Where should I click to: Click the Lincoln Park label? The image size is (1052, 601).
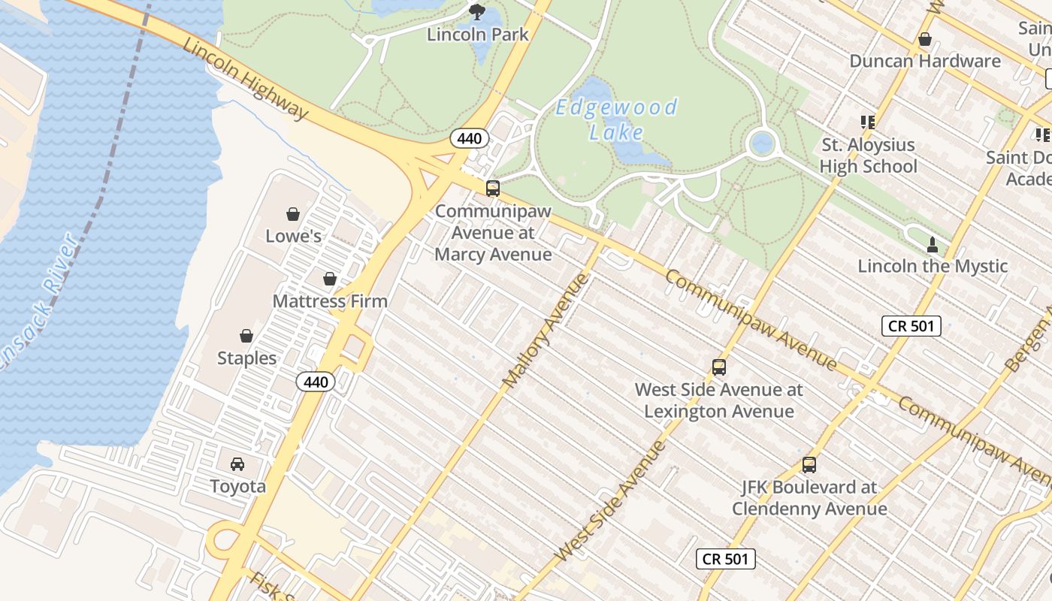tap(478, 34)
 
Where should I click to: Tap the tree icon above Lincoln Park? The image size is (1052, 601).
tap(476, 11)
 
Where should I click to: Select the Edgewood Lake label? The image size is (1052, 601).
tap(616, 119)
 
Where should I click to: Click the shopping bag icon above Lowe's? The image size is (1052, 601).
tap(293, 214)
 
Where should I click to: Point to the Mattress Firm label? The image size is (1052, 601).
tap(330, 301)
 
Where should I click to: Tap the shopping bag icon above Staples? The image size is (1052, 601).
tap(246, 336)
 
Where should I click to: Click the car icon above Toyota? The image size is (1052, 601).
tap(237, 464)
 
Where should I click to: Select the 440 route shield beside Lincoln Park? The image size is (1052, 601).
tap(470, 138)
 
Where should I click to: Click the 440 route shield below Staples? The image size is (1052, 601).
tap(316, 382)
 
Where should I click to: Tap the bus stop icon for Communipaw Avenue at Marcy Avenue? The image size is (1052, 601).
tap(493, 189)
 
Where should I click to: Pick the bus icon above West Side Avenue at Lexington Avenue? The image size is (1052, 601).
tap(719, 367)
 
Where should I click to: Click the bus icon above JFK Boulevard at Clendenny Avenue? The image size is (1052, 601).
tap(809, 465)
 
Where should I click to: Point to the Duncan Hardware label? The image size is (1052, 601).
tap(925, 61)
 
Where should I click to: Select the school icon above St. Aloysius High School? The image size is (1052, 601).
tap(868, 122)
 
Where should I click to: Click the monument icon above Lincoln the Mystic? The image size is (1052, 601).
tap(933, 244)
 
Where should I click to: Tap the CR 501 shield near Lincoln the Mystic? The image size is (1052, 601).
tap(911, 326)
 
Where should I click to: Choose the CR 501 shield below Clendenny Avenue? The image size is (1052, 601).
tap(725, 559)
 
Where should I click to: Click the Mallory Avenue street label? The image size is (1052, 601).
tap(545, 331)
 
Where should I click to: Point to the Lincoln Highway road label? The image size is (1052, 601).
tap(246, 78)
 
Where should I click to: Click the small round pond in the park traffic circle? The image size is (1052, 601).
tap(761, 141)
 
